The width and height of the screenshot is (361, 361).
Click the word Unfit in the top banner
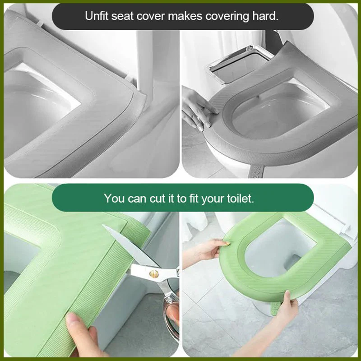[x=96, y=17]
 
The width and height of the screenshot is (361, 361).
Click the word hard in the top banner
[x=267, y=17]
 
